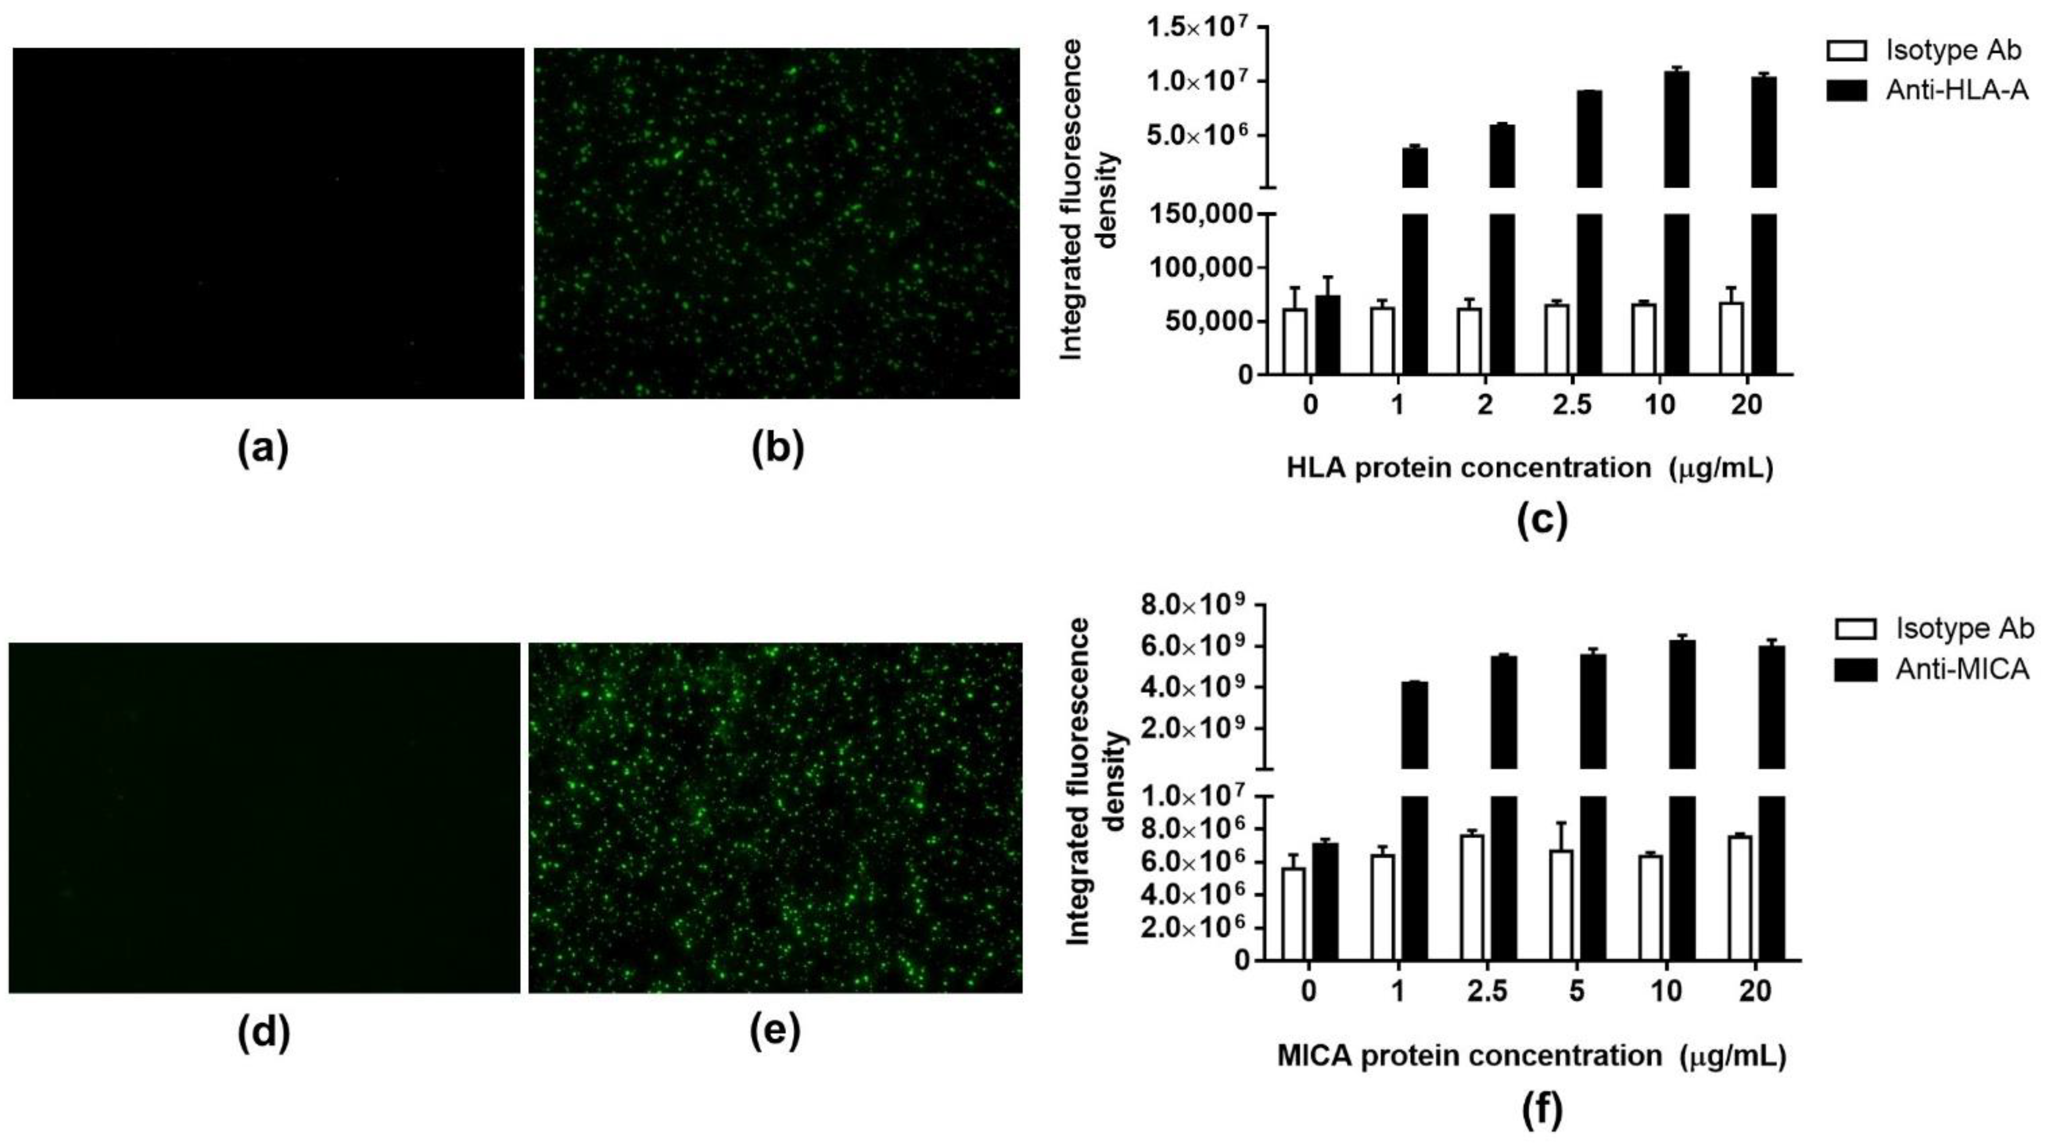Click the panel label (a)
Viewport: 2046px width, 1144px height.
(263, 449)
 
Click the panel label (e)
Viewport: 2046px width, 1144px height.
(775, 1032)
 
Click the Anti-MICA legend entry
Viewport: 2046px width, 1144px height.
(1962, 669)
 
